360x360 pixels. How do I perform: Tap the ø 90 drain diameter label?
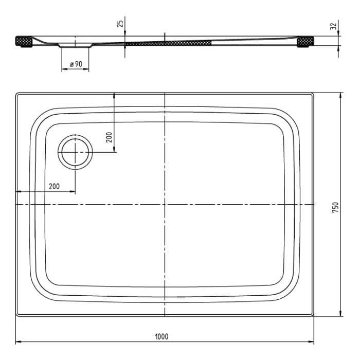click(x=75, y=64)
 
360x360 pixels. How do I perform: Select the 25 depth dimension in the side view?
click(x=120, y=24)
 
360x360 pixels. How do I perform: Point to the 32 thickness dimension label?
click(x=333, y=25)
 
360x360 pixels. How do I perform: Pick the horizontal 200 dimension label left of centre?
click(x=54, y=186)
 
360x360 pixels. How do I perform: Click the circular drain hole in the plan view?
click(x=76, y=152)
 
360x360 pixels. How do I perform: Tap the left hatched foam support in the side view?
click(x=24, y=42)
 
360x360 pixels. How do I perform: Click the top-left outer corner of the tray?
click(x=16, y=94)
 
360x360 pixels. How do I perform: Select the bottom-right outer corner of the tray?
click(x=313, y=315)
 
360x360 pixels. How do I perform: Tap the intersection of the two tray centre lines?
click(x=165, y=205)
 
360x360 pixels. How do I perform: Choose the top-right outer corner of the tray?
click(x=313, y=94)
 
